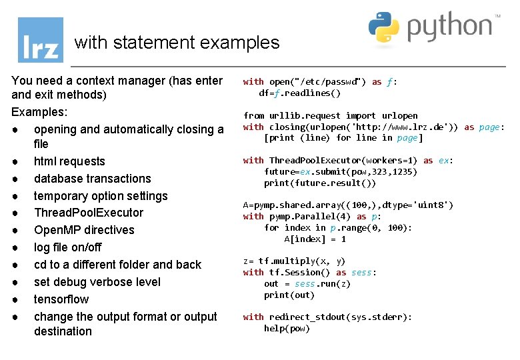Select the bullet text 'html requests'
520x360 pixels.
pyautogui.click(x=69, y=161)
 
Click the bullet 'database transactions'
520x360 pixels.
pyautogui.click(x=92, y=179)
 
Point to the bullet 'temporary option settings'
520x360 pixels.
pyautogui.click(x=101, y=196)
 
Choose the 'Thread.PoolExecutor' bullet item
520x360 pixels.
pyautogui.click(x=88, y=213)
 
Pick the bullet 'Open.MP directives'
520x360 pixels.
pyautogui.click(x=84, y=230)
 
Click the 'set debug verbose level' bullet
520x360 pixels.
pyautogui.click(x=97, y=282)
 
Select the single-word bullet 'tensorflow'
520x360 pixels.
pyautogui.click(x=61, y=299)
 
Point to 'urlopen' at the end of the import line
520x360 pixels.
pyautogui.click(x=400, y=116)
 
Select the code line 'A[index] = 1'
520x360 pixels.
pyautogui.click(x=315, y=239)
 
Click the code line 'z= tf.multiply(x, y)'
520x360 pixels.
pyautogui.click(x=294, y=261)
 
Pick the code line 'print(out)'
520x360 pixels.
pyautogui.click(x=289, y=295)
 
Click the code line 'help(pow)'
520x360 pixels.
pyautogui.click(x=287, y=329)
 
